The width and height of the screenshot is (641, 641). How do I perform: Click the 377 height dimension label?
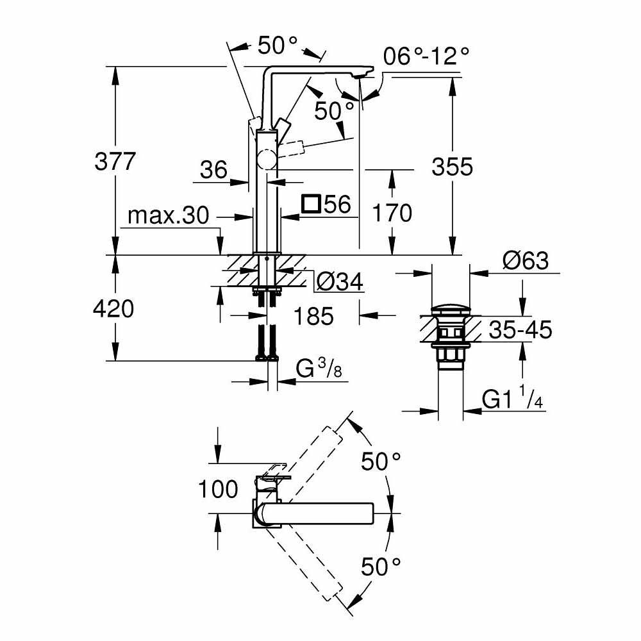[115, 162]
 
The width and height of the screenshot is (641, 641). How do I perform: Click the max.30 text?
[168, 216]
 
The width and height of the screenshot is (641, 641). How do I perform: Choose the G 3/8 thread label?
[318, 370]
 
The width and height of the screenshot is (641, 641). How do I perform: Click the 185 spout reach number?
[313, 315]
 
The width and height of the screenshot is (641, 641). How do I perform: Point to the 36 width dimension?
[213, 170]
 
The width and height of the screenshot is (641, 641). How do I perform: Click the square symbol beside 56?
[312, 204]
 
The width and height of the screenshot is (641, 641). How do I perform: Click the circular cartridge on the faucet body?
[267, 159]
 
